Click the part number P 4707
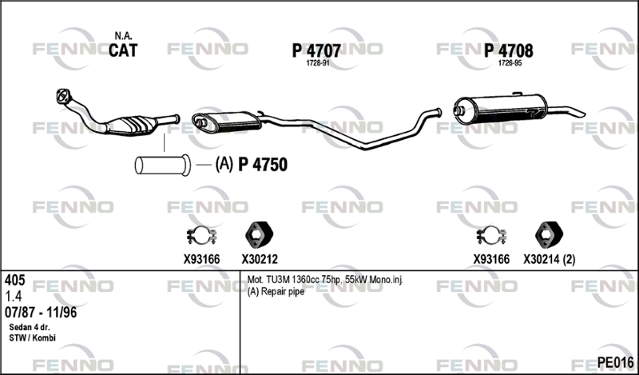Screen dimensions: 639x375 pos(316,50)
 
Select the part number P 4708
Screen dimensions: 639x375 pos(508,50)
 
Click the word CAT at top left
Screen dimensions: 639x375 pos(123,50)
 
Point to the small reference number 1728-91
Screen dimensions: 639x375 pos(317,63)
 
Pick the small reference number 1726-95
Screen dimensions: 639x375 pos(510,63)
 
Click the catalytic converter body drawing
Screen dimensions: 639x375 pos(133,125)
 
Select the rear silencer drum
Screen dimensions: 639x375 pos(501,109)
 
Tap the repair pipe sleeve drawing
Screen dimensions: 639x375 pos(163,166)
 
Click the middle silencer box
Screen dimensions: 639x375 pos(227,122)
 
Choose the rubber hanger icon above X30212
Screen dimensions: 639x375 pos(259,234)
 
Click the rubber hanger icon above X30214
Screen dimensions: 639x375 pos(549,234)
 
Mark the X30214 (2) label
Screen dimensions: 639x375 pos(550,259)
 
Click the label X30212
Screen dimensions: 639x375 pos(260,259)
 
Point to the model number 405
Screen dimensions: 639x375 pos(14,280)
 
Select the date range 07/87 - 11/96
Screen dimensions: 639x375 pos(41,313)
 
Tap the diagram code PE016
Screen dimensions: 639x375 pos(615,361)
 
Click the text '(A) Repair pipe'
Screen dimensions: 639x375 pos(276,292)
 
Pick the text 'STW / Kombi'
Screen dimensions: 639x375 pos(32,338)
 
